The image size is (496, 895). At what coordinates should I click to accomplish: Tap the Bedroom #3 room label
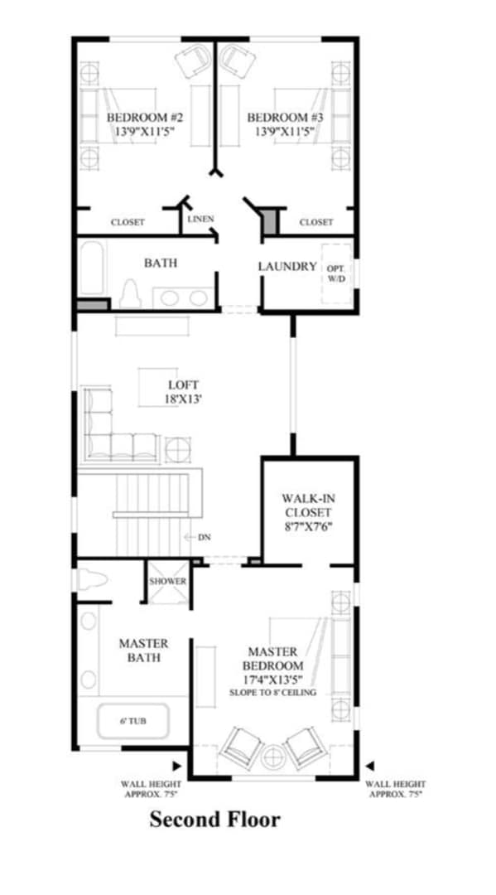click(x=285, y=123)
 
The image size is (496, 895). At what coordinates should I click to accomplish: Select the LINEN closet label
click(x=200, y=220)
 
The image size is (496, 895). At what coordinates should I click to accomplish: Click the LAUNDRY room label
click(x=287, y=267)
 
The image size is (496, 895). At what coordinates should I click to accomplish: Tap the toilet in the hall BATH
click(x=129, y=294)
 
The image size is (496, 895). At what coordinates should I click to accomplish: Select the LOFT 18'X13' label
click(x=184, y=392)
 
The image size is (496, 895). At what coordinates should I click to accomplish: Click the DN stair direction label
click(x=204, y=537)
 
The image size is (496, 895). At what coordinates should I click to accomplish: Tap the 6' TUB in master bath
click(x=132, y=721)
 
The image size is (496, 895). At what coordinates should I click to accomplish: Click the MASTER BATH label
click(x=143, y=651)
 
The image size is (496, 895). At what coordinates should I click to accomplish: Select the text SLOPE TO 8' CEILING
click(x=272, y=692)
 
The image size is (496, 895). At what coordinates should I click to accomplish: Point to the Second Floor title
click(x=214, y=820)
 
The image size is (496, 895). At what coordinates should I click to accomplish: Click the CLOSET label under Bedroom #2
click(x=128, y=222)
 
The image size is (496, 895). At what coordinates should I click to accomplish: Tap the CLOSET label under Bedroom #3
click(x=315, y=222)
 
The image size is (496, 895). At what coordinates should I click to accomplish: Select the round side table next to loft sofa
click(x=177, y=449)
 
